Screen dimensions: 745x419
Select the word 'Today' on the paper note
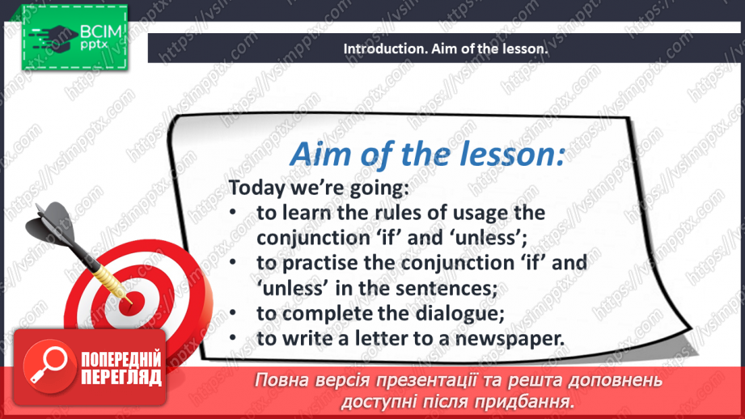coord(256,188)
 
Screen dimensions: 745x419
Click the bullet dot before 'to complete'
coord(233,313)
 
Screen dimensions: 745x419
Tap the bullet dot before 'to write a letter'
coord(233,338)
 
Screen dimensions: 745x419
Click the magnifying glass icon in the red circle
coord(49,365)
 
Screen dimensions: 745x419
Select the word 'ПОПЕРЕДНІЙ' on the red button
coord(121,359)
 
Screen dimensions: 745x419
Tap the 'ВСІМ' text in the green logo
coord(101,32)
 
